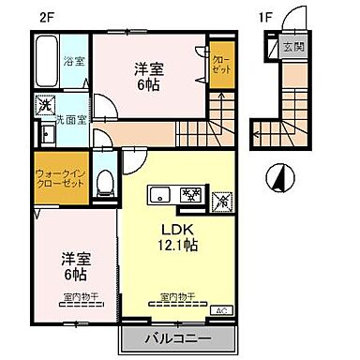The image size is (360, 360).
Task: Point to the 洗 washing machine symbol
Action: (x=43, y=106)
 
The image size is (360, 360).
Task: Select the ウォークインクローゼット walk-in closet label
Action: (x=62, y=178)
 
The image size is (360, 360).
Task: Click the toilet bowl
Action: (x=106, y=181)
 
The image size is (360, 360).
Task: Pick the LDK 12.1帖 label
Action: (x=182, y=237)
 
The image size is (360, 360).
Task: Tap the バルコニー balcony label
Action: (x=175, y=337)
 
